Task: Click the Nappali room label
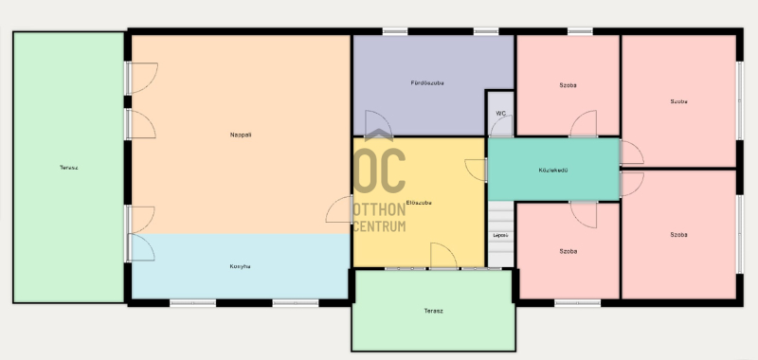coord(241,135)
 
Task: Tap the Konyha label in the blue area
coord(240,266)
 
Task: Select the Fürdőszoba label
coord(427,83)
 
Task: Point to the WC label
coord(501,114)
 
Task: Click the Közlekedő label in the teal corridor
coord(553,171)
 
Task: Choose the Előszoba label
coord(419,203)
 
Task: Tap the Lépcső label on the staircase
coord(500,235)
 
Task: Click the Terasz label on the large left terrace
coord(68,168)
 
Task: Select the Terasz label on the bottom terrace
coord(433,311)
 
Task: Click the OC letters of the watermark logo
coord(380,171)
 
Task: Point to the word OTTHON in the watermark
coord(380,209)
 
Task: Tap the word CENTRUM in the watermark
coord(380,225)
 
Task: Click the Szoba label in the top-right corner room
coord(678,101)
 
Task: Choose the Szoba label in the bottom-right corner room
coord(678,235)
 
